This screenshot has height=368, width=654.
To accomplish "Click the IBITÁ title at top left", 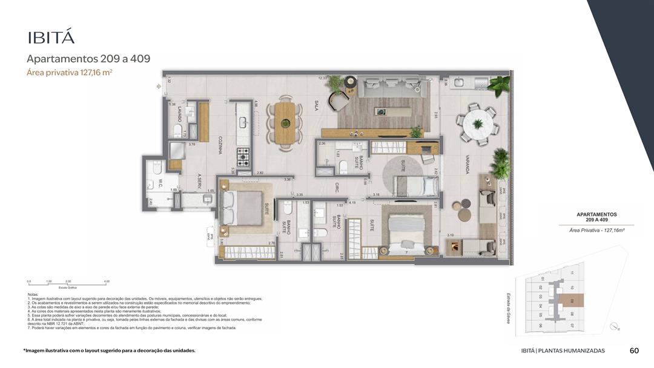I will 51,37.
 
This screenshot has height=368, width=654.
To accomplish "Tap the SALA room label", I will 315,107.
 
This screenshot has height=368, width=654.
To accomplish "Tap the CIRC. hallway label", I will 337,188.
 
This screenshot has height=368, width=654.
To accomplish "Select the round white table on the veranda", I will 478,124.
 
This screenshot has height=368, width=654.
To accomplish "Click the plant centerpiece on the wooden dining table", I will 285,123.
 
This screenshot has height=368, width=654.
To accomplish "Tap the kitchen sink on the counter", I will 243,123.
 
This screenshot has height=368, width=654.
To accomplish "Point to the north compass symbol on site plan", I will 615,326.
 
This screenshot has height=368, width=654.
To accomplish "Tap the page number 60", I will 634,350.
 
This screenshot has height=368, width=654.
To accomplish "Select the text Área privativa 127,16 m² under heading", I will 70,73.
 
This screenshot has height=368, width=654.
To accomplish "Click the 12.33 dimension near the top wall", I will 323,78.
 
